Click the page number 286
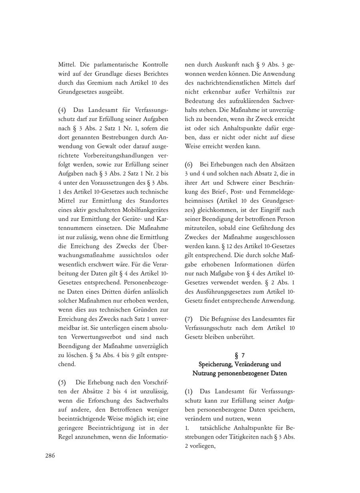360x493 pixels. (50, 455)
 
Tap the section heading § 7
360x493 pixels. (240, 355)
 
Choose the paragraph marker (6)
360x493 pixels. (189, 164)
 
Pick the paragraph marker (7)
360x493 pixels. (189, 319)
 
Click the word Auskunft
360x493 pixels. (228, 64)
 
